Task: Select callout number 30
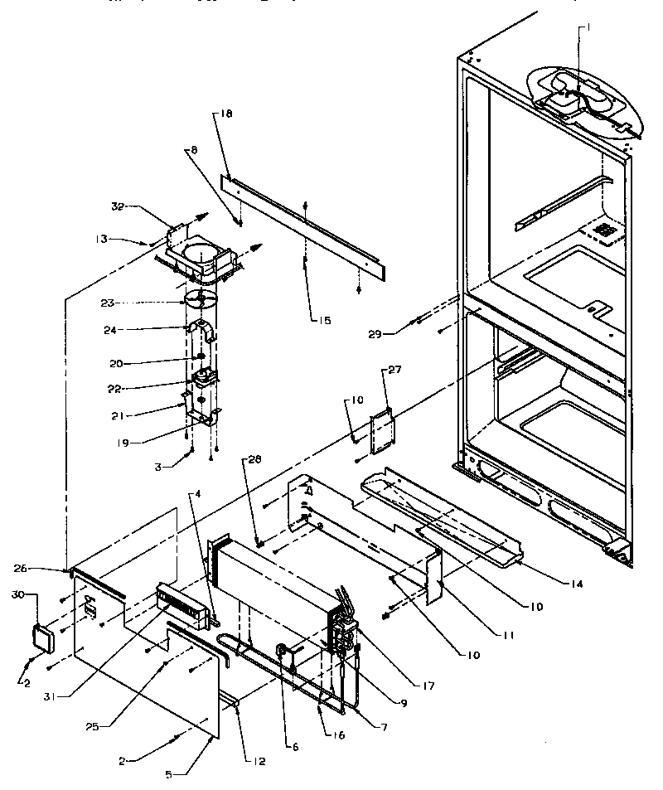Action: click(x=18, y=594)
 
